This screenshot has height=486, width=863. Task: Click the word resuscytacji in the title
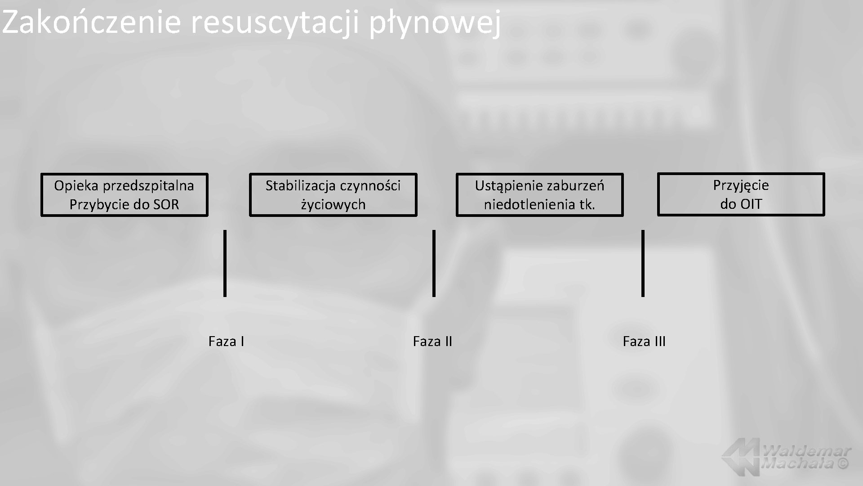pyautogui.click(x=275, y=22)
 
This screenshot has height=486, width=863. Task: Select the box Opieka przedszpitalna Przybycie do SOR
pyautogui.click(x=124, y=195)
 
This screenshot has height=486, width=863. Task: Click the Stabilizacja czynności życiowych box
pyautogui.click(x=333, y=195)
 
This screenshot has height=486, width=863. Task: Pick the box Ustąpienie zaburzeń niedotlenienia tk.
pyautogui.click(x=539, y=195)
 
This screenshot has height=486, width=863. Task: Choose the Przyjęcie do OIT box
pyautogui.click(x=741, y=194)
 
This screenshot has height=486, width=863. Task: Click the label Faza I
pyautogui.click(x=226, y=342)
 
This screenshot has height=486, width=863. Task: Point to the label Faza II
pyautogui.click(x=432, y=342)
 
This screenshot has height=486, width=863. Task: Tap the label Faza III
pyautogui.click(x=644, y=342)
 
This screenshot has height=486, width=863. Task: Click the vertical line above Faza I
pyautogui.click(x=225, y=263)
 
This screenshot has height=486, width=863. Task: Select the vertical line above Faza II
pyautogui.click(x=434, y=263)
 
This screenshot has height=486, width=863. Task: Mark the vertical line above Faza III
pyautogui.click(x=643, y=263)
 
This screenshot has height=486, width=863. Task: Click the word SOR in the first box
pyautogui.click(x=166, y=205)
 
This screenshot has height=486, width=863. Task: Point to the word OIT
pyautogui.click(x=751, y=204)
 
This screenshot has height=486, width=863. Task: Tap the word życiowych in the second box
pyautogui.click(x=333, y=205)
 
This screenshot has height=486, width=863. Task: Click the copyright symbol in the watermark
pyautogui.click(x=843, y=463)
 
